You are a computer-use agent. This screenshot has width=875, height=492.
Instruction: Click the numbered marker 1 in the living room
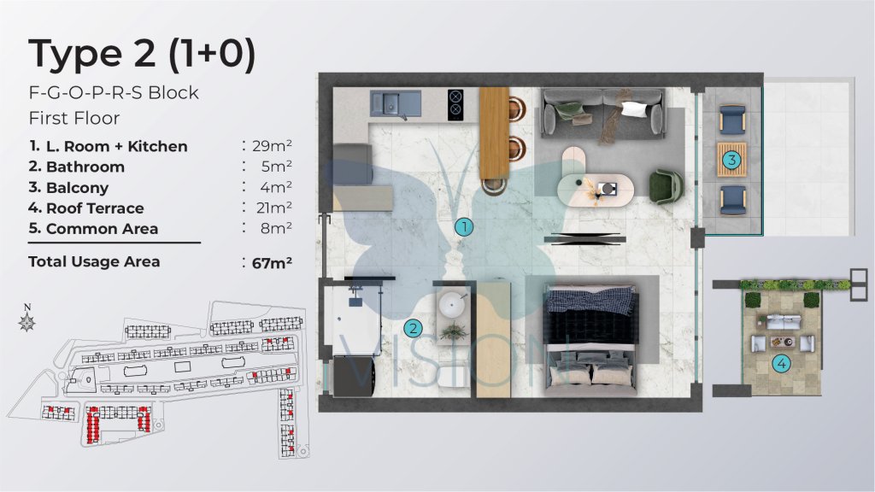[x=464, y=227]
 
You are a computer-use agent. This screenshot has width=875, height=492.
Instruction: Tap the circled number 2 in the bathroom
[x=413, y=329]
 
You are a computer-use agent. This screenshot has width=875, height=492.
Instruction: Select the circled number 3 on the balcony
[x=731, y=160]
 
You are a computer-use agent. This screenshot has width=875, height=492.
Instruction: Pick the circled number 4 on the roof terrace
[x=781, y=364]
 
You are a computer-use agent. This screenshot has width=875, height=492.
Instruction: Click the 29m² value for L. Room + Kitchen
[x=272, y=145]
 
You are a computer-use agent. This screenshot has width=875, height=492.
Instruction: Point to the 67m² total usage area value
[x=272, y=262]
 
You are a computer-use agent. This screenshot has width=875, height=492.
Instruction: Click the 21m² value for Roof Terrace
[x=274, y=208]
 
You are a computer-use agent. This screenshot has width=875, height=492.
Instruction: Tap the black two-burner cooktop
[x=455, y=104]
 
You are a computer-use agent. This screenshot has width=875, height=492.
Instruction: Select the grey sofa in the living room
[x=602, y=114]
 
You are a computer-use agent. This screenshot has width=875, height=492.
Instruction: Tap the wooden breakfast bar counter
[x=495, y=132]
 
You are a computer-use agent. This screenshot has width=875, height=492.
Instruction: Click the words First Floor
[x=74, y=118]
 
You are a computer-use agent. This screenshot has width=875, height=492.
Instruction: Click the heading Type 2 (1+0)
[x=143, y=54]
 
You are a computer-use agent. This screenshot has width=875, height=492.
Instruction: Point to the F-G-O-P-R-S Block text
[x=114, y=92]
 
